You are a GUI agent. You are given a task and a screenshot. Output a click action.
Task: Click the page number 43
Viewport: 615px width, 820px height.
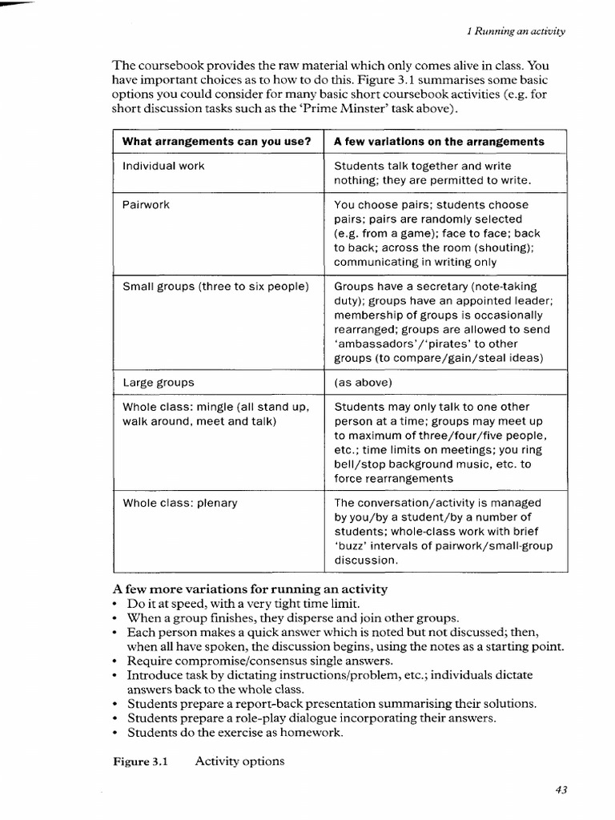pos(561,790)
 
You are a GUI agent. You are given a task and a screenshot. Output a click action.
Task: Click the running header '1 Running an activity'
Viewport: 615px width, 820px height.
pos(516,31)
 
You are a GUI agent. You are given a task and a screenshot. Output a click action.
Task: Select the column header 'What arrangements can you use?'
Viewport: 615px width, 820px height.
pos(216,142)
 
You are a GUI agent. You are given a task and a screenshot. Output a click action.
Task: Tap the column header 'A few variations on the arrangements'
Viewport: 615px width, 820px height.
pos(439,142)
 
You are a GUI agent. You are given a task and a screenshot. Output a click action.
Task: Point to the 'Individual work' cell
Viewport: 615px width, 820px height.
pos(163,166)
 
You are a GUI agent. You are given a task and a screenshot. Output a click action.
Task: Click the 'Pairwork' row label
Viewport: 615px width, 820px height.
pos(146,204)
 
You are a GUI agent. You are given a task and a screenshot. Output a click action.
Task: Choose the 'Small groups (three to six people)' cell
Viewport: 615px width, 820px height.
pos(215,286)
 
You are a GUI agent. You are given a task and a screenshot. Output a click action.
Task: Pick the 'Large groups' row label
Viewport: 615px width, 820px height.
pos(159,382)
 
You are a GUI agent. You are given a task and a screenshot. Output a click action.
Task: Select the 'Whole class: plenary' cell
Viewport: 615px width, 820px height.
pos(180,503)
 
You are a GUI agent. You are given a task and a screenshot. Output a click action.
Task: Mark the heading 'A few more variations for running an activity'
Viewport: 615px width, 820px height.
pos(250,589)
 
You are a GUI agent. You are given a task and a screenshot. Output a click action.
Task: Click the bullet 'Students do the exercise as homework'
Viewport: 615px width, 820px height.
pos(235,732)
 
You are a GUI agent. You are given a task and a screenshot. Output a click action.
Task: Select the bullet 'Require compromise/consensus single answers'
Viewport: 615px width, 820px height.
pos(259,661)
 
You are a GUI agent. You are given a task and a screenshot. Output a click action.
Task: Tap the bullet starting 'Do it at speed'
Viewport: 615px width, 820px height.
pos(243,604)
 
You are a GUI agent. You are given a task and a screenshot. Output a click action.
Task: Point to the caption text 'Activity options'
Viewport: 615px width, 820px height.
pos(239,761)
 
